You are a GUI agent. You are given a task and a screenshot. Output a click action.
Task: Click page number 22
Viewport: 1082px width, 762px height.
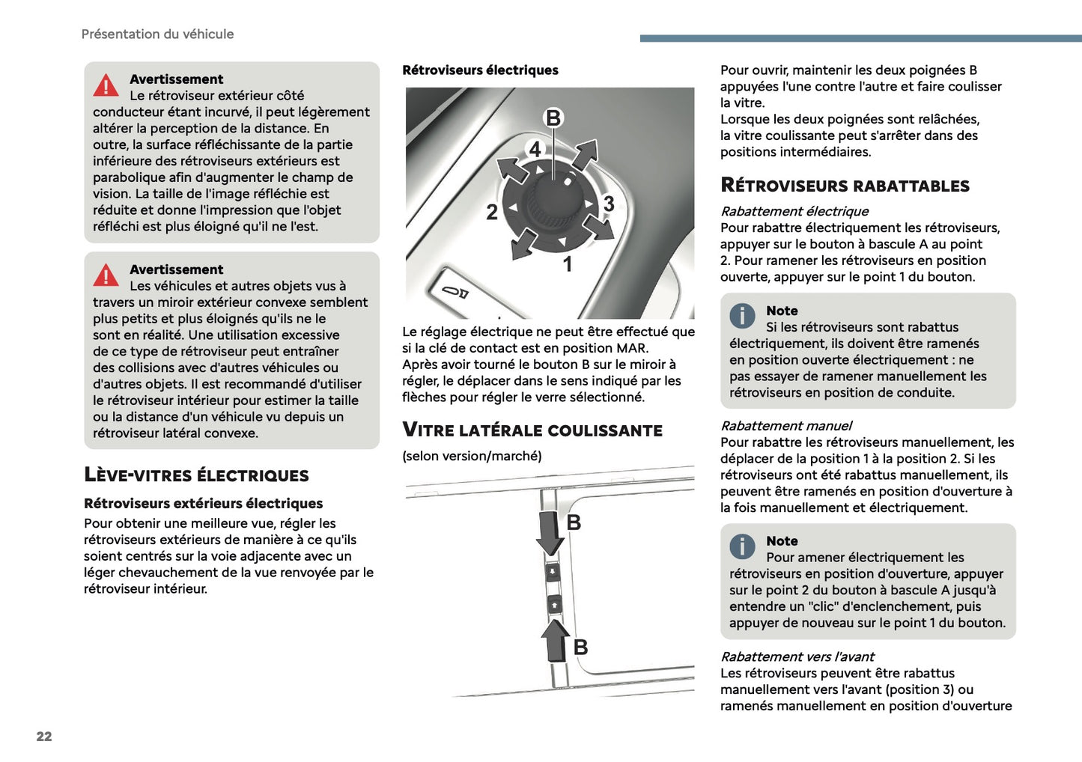coord(44,736)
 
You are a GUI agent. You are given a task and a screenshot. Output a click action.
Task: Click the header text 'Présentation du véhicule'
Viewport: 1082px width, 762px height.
coord(157,34)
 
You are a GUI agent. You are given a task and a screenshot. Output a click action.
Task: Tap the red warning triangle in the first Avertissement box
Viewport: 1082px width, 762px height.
coord(106,85)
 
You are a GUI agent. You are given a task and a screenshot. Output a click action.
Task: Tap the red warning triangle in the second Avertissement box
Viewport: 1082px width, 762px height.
coord(106,275)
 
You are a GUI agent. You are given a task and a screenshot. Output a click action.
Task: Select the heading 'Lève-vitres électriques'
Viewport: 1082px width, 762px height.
coord(196,475)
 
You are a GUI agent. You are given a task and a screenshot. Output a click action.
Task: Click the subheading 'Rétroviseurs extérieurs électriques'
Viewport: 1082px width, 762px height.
coord(204,503)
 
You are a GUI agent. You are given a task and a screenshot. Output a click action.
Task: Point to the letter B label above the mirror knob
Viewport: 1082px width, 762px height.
coord(553,118)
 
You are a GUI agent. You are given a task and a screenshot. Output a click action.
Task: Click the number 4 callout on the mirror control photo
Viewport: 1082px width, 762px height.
coord(535,149)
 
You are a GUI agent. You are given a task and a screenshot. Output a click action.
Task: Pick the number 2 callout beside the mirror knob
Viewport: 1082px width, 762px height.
coord(492,212)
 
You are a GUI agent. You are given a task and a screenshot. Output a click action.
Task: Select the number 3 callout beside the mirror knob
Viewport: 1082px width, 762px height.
coord(609,204)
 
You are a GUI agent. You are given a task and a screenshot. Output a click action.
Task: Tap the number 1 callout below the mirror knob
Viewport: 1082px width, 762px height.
coord(568,264)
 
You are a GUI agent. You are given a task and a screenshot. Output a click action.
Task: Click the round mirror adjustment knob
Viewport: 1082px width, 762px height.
coord(552,205)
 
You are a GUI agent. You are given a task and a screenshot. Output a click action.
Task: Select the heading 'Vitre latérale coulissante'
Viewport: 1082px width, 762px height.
coord(532,430)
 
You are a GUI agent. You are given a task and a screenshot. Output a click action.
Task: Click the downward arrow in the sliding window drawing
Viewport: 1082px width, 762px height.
coord(550,533)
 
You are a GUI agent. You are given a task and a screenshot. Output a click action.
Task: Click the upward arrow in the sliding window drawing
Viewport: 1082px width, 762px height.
coord(556,641)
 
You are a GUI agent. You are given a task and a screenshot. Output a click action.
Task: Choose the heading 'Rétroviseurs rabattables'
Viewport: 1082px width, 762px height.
coord(845,186)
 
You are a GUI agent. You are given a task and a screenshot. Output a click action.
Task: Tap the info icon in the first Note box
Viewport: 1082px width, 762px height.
coord(742,315)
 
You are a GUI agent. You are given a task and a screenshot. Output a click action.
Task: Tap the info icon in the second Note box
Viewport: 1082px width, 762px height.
coord(742,546)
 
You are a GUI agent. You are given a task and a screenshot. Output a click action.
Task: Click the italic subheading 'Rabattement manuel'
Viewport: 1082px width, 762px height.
coord(786,425)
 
